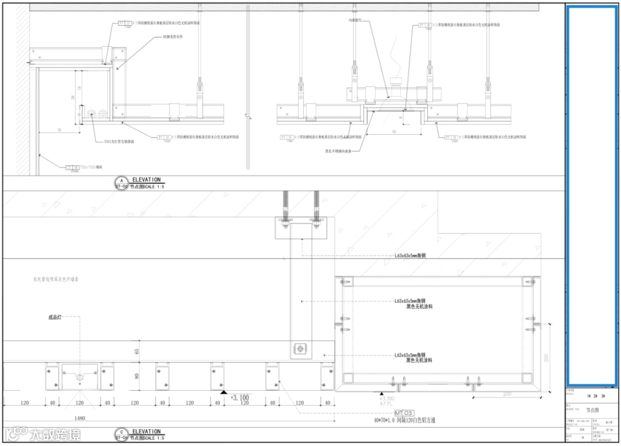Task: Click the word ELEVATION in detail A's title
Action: (x=146, y=180)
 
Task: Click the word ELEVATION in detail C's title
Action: (x=146, y=431)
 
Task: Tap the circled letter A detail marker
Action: (x=121, y=180)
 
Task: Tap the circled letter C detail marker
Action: (x=121, y=432)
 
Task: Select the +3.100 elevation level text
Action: (x=240, y=397)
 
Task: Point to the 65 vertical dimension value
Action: (x=137, y=350)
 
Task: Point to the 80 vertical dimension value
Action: (x=137, y=376)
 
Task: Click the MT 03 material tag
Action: (x=404, y=413)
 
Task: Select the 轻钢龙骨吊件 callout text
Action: (x=173, y=37)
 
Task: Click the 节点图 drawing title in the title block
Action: (x=592, y=410)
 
